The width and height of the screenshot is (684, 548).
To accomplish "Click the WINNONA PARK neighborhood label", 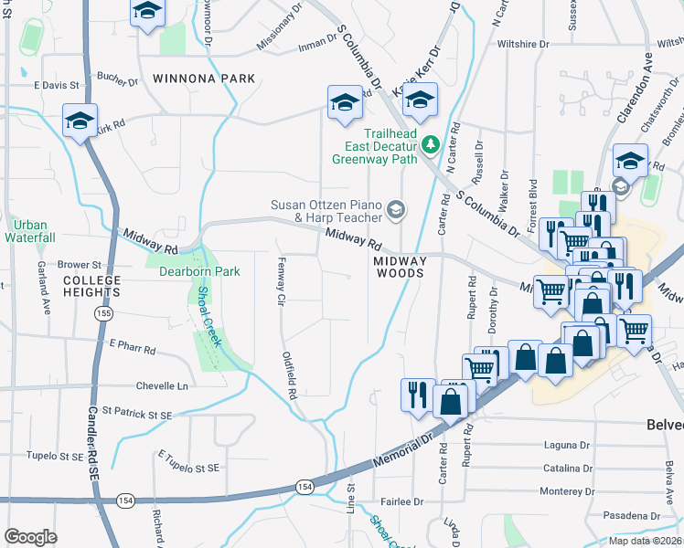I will click(x=203, y=79).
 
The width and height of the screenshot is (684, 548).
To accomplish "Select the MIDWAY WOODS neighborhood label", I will click(x=400, y=267).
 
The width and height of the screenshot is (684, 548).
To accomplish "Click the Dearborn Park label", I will click(x=199, y=271).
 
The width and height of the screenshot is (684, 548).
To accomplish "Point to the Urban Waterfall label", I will click(x=30, y=231).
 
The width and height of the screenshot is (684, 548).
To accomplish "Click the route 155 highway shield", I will click(x=100, y=312).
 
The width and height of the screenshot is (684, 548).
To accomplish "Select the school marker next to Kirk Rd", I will click(x=80, y=121).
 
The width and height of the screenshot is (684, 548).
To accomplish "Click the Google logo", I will click(x=30, y=536).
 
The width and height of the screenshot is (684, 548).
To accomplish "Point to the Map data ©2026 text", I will click(x=645, y=541).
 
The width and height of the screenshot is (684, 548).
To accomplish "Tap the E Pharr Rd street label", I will click(x=133, y=348).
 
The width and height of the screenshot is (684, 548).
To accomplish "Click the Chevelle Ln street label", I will click(x=161, y=385).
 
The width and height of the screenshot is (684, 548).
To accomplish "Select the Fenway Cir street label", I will click(x=282, y=282).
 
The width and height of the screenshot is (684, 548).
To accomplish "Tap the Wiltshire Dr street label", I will click(x=522, y=43).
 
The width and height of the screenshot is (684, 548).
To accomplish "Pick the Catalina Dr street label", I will click(x=567, y=469).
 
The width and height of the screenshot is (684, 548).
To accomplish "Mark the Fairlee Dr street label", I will click(x=403, y=501).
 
